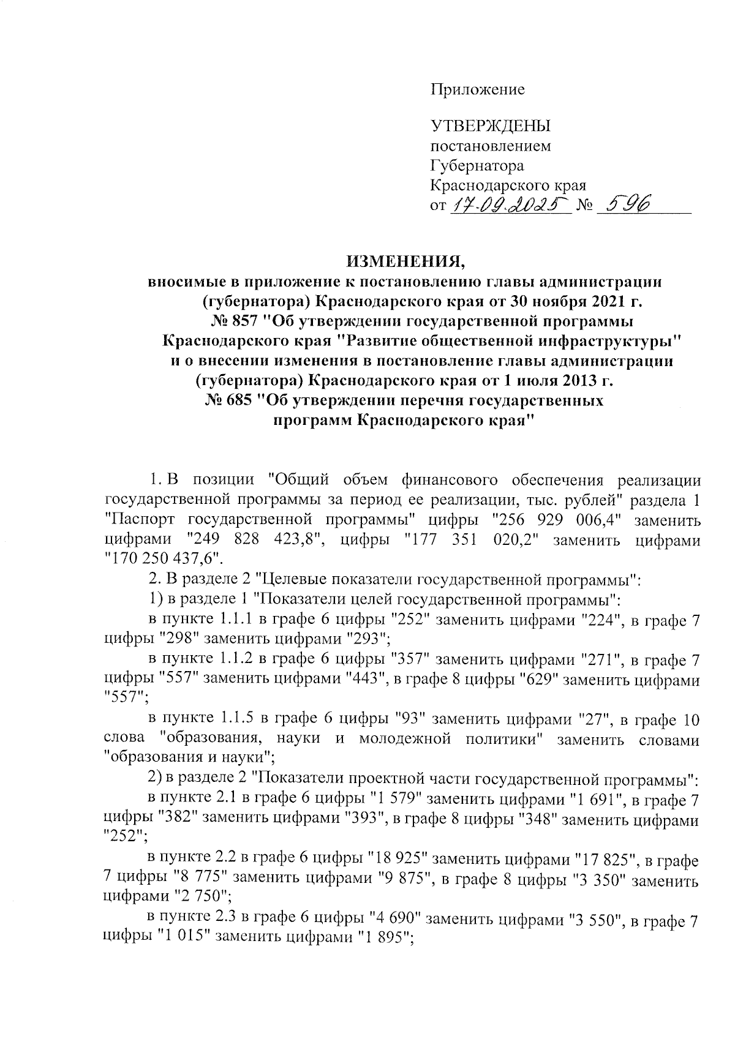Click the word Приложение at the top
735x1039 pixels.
pos(478,90)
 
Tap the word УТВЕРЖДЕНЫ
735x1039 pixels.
pos(491,127)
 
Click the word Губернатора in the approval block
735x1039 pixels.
pos(478,165)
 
